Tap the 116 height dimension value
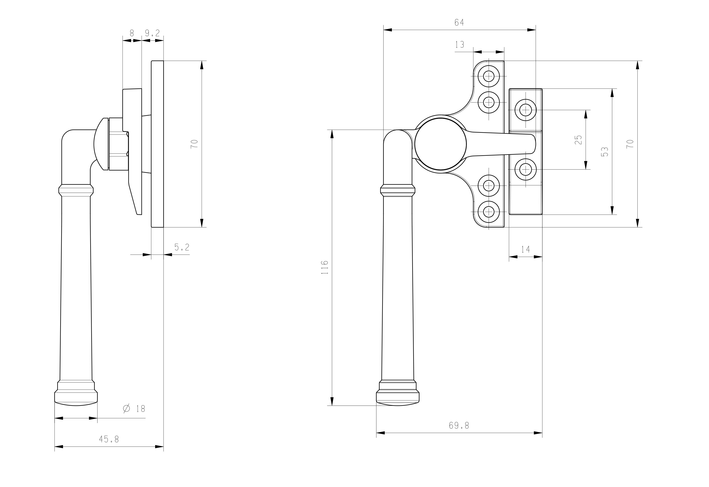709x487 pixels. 325,267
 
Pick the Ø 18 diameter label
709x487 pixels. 134,409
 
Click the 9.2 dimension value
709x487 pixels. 152,33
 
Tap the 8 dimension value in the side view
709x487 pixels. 132,33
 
